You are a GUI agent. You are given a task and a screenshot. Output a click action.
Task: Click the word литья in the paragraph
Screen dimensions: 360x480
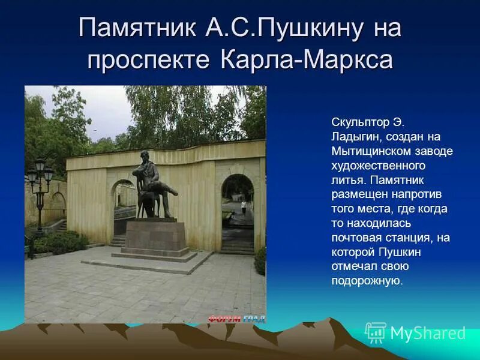tap(345, 180)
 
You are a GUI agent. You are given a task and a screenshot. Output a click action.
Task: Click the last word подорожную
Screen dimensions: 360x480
tap(365, 281)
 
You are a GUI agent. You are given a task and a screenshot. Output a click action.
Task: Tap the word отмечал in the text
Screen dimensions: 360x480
tap(352, 266)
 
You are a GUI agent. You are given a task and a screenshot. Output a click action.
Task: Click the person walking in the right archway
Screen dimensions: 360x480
tap(244, 207)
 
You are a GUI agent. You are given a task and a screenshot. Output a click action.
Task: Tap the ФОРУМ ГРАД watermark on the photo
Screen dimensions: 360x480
tap(237, 319)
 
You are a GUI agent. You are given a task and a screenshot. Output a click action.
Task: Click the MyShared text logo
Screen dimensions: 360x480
tap(428, 333)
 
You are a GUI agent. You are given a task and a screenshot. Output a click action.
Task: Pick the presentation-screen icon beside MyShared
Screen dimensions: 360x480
tap(376, 332)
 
